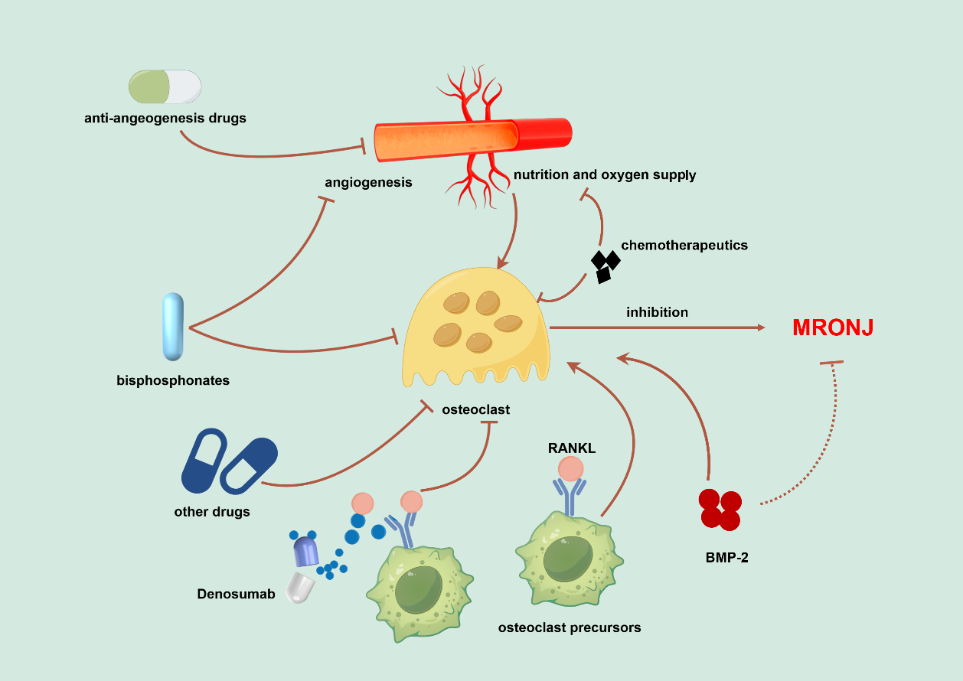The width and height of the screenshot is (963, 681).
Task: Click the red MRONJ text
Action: (833, 328)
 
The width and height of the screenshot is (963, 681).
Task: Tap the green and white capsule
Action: (165, 86)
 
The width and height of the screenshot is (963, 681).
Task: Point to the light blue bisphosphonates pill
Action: (173, 327)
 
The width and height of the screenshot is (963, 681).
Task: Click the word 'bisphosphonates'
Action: (173, 380)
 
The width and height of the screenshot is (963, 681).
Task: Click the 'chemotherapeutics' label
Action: (684, 246)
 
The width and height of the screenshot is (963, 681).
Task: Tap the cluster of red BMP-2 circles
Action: (720, 510)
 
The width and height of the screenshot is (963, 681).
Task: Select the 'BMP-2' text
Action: (726, 558)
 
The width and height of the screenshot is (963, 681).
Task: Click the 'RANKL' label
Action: (571, 448)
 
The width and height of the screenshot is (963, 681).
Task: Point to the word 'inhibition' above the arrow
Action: (657, 312)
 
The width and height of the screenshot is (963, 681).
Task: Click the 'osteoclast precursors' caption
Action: (570, 627)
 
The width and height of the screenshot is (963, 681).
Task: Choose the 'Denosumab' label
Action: (236, 594)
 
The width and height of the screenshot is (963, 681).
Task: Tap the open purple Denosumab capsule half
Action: (306, 551)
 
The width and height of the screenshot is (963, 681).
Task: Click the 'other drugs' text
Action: (212, 511)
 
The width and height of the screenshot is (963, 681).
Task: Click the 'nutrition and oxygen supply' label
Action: (605, 175)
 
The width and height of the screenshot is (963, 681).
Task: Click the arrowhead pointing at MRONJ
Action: (760, 327)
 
